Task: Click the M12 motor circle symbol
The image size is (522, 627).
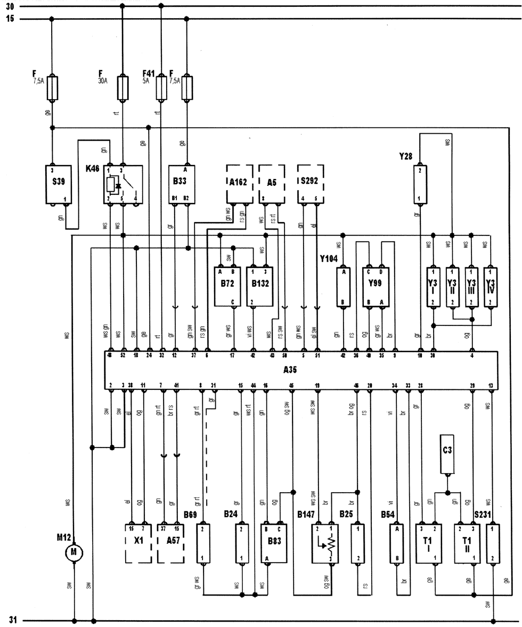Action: (74, 553)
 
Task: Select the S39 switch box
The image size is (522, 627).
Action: (58, 183)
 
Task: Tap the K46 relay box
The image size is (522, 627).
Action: (123, 183)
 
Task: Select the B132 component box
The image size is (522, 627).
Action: (259, 286)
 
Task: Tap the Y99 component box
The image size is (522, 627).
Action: (375, 286)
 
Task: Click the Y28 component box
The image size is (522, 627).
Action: (420, 183)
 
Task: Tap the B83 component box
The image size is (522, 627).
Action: (272, 543)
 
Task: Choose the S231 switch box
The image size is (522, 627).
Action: (493, 543)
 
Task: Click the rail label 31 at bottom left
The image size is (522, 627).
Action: (13, 621)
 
